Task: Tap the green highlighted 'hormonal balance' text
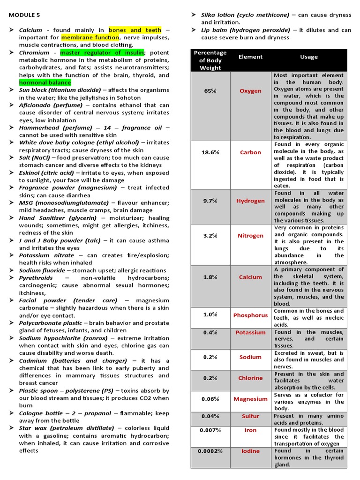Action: click(x=45, y=82)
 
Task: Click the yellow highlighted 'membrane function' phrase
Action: click(x=90, y=37)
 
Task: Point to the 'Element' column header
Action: click(x=250, y=57)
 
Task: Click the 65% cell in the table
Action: click(x=210, y=91)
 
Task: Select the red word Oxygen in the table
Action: click(x=250, y=91)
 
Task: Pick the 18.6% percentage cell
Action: click(x=210, y=152)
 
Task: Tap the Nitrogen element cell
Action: click(x=250, y=236)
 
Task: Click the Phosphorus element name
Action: click(x=250, y=315)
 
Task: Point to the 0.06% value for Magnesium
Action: click(x=210, y=399)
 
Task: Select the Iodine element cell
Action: click(x=250, y=451)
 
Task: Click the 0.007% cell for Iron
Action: click(x=210, y=430)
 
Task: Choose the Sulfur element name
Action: click(x=250, y=416)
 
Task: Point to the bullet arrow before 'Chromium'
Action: click(x=11, y=53)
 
